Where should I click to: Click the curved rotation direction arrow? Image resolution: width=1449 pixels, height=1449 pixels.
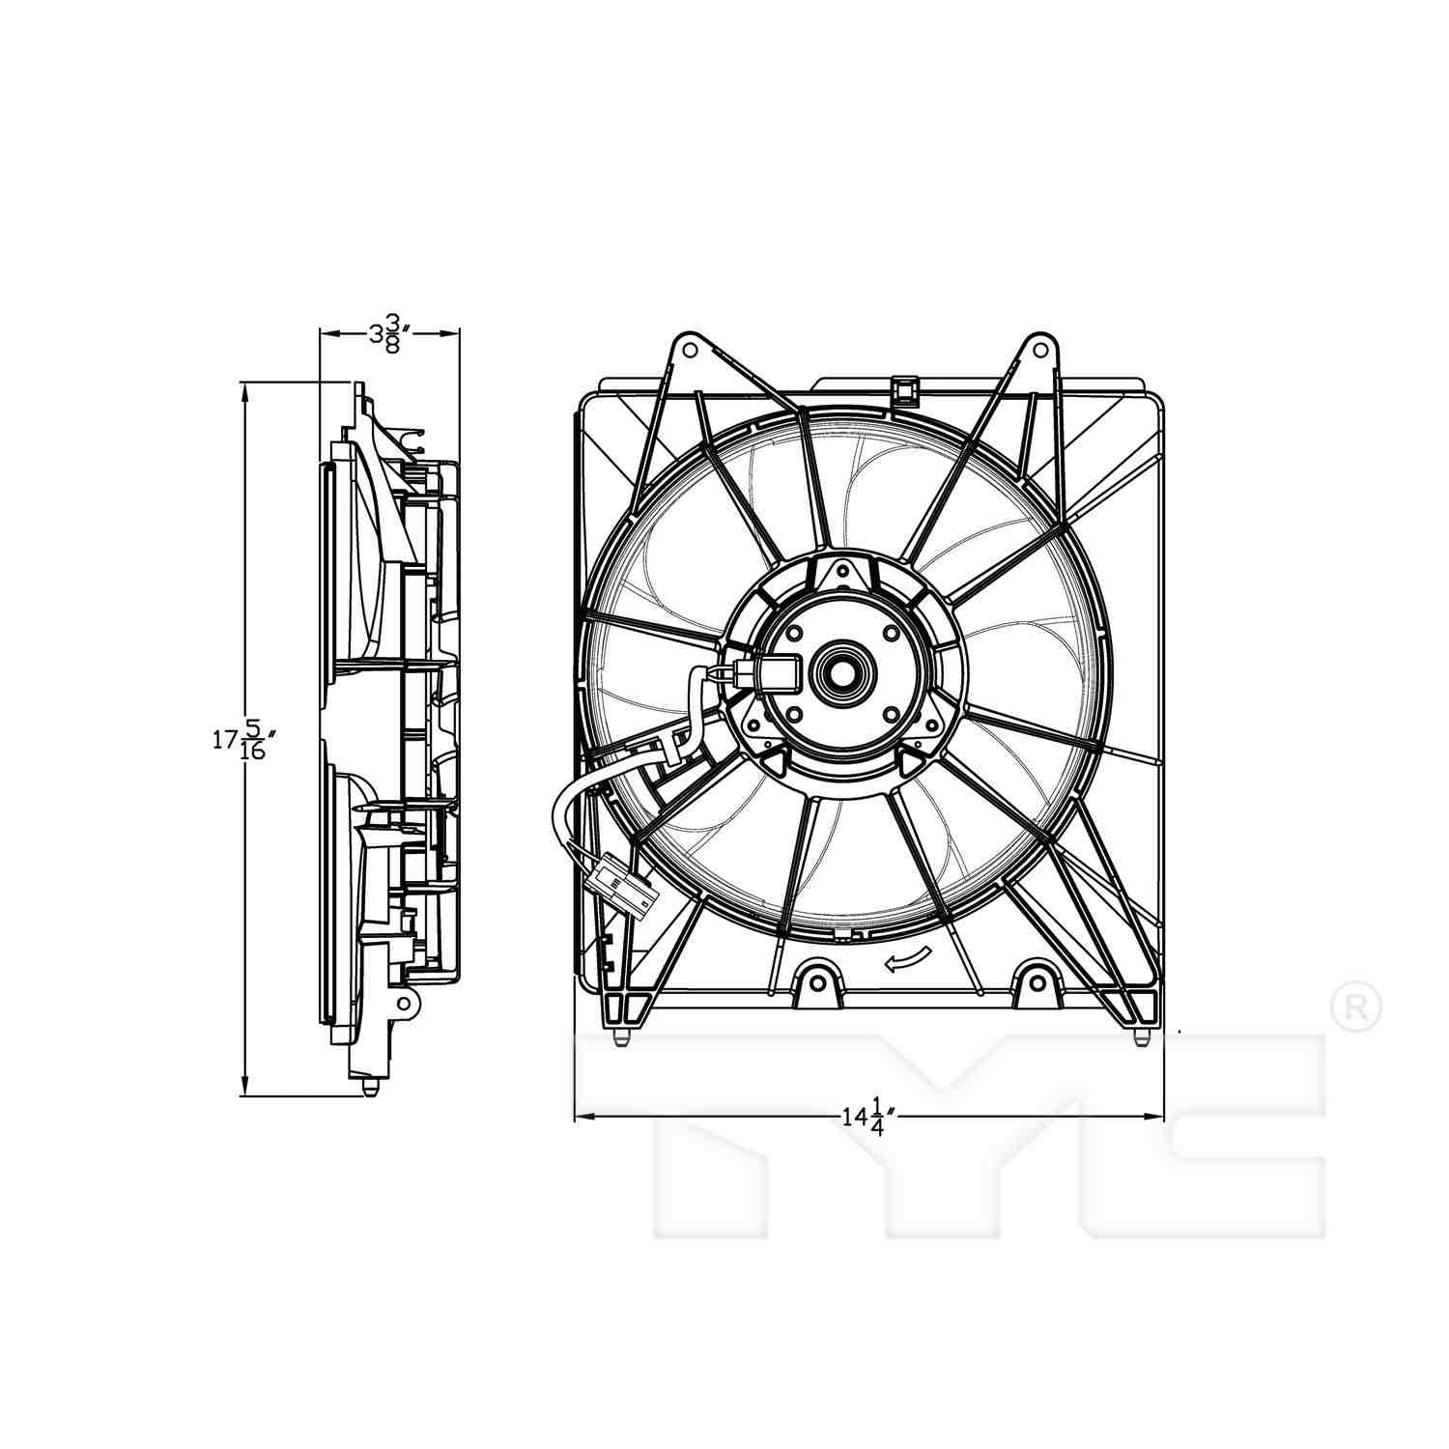coord(909,958)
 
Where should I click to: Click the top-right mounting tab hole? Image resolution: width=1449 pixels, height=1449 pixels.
coord(1038,346)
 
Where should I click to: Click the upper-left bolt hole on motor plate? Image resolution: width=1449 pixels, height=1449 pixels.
coord(794,634)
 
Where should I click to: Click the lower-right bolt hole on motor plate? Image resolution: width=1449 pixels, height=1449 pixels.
coord(890,715)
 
